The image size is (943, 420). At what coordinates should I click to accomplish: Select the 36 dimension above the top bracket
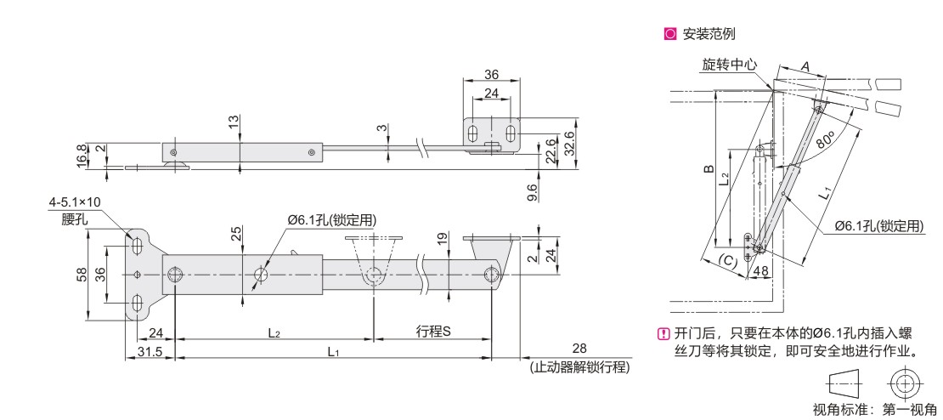click(491, 74)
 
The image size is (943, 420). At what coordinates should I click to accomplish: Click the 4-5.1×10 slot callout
click(76, 205)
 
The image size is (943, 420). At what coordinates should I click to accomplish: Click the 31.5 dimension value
click(150, 351)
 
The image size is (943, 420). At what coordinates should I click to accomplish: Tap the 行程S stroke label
click(433, 331)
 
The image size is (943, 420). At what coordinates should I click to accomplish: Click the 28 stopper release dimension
click(579, 349)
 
